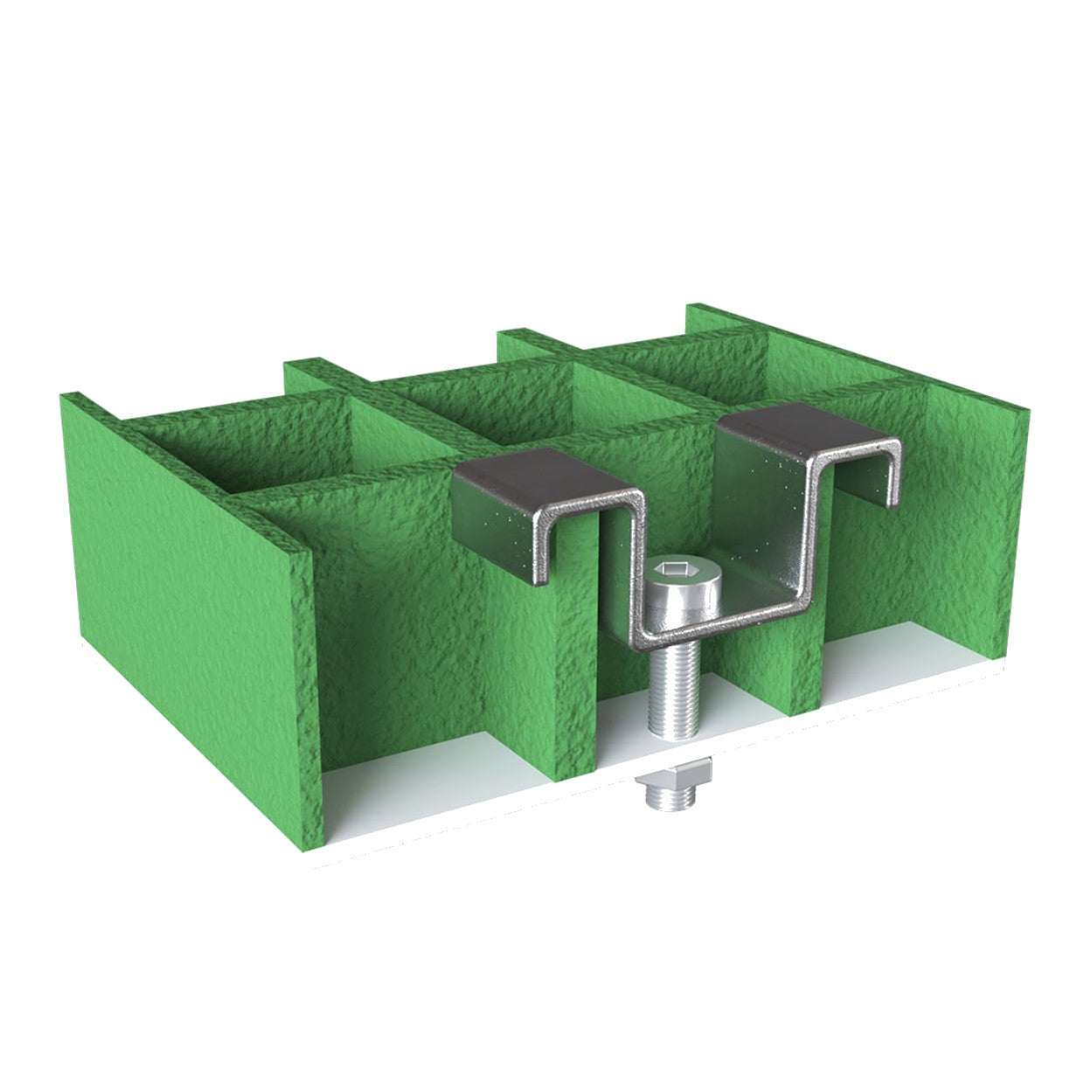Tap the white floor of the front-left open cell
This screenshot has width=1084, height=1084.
click(x=420, y=778)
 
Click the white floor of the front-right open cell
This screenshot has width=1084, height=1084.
click(x=909, y=673)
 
